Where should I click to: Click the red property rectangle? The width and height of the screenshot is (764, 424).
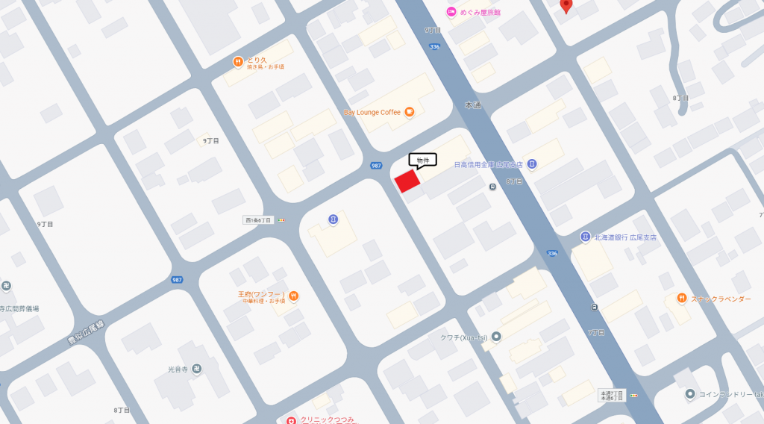pos(407,181)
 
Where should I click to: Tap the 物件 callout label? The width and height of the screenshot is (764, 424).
pos(422,160)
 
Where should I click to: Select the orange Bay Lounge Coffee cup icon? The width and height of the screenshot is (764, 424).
pos(409,112)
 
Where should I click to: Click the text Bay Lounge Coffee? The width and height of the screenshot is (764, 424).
pos(372,113)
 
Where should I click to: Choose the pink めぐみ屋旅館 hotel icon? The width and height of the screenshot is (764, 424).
pos(451,11)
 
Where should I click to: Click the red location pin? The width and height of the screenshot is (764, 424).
pos(566,5)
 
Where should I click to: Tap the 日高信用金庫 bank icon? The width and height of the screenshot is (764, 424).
pos(531,163)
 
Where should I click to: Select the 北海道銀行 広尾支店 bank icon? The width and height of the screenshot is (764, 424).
pos(586,237)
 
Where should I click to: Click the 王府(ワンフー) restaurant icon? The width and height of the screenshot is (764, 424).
pos(294,295)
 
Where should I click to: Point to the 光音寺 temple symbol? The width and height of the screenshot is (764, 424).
pos(197,369)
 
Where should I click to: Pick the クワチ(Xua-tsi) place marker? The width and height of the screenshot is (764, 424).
pos(496,337)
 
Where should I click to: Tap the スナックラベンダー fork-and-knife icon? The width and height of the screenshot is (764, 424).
pos(681,298)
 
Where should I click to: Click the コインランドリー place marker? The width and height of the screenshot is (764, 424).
pos(690,393)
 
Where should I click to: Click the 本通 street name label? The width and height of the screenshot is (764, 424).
pos(472,105)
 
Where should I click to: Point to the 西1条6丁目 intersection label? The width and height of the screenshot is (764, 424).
pos(258,220)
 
